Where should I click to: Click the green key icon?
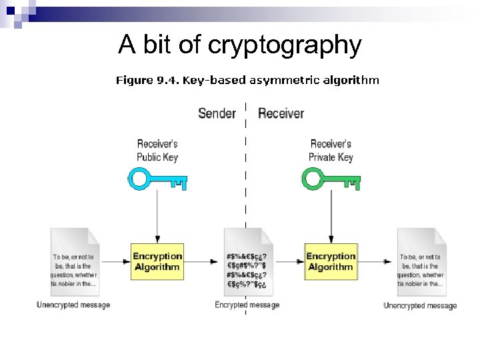pos(331,179)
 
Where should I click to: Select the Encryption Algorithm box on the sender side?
pos(157,261)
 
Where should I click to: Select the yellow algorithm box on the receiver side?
pos(331,261)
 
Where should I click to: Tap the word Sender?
pos(217,113)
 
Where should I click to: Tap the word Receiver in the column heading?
pos(281,113)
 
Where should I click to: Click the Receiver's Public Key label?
pos(157,151)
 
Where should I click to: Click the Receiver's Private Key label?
pos(331,151)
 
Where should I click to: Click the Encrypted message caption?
pos(247,305)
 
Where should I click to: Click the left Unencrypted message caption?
pos(73,305)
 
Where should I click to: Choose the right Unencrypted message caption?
pos(420,305)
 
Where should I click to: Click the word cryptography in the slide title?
pos(285,45)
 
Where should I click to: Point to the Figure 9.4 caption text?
pos(247,81)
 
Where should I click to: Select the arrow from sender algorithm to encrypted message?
pos(203,261)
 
